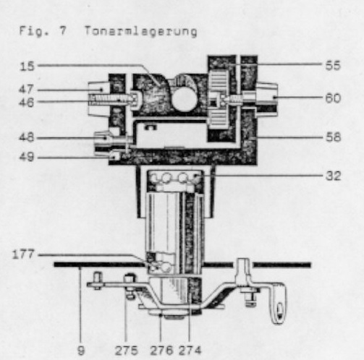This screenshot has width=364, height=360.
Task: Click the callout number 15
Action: point(27,67)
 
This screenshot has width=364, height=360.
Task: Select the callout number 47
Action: point(26,90)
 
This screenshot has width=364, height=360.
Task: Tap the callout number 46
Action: point(26,103)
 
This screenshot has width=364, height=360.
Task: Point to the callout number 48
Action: point(26,137)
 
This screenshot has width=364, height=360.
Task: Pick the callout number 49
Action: point(26,157)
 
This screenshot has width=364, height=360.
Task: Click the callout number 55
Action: point(333,65)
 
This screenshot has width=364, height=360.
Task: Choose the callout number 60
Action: point(333,98)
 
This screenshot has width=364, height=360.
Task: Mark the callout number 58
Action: point(333,137)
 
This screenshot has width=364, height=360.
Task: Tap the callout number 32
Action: point(334,176)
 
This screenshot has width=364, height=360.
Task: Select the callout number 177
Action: point(23,254)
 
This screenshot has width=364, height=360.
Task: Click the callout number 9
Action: point(81,351)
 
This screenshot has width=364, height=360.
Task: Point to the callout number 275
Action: point(126,351)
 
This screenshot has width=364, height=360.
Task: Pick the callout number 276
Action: point(161,351)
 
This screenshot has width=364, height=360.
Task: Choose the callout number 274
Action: point(190,351)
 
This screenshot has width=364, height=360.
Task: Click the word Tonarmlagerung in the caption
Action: point(140,32)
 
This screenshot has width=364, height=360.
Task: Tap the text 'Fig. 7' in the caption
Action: point(43,31)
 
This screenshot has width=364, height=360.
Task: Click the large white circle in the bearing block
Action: point(185,100)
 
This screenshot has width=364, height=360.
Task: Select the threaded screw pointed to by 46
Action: point(111,98)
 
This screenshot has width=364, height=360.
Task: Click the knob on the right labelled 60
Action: point(266,99)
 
